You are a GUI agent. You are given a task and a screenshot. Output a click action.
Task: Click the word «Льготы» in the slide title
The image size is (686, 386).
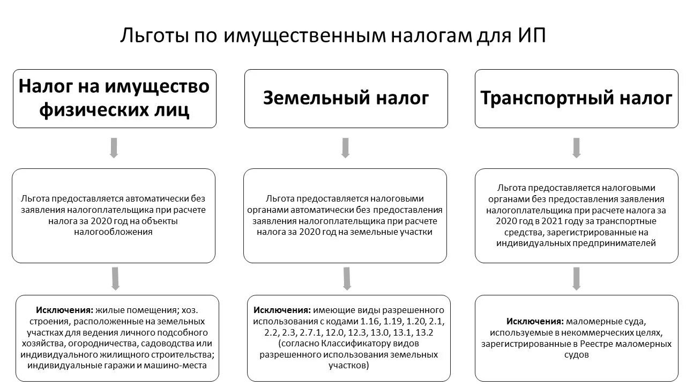[x=152, y=36]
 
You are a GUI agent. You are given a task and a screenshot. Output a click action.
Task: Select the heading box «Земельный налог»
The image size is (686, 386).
[x=346, y=99]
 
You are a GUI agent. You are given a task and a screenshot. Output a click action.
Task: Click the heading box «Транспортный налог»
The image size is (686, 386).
[x=576, y=99]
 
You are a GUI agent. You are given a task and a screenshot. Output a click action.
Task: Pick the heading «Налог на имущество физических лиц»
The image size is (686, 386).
[x=114, y=99]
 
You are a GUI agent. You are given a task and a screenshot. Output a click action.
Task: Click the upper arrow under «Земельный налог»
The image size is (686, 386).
[x=345, y=148]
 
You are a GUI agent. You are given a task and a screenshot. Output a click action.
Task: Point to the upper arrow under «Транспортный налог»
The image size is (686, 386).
[x=576, y=148]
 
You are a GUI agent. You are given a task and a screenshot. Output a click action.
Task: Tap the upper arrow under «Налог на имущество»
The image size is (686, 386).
[x=114, y=148]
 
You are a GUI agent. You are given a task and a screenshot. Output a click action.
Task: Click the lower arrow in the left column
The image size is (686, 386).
[x=114, y=279]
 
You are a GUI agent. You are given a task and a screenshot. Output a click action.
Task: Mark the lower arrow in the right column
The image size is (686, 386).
[x=576, y=279]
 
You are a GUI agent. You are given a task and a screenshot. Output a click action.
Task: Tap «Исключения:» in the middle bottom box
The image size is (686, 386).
[x=281, y=310]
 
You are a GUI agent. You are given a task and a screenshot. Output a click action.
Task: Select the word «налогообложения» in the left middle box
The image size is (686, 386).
[x=113, y=232]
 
